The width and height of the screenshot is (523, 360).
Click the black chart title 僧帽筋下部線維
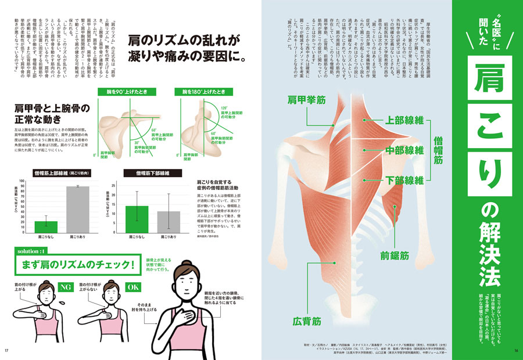coord(152,173)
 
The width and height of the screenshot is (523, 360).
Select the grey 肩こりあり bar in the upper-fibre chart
coord(78,210)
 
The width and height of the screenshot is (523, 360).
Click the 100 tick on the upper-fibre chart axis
coord(22,181)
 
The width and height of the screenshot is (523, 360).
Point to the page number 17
coord(6,350)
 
